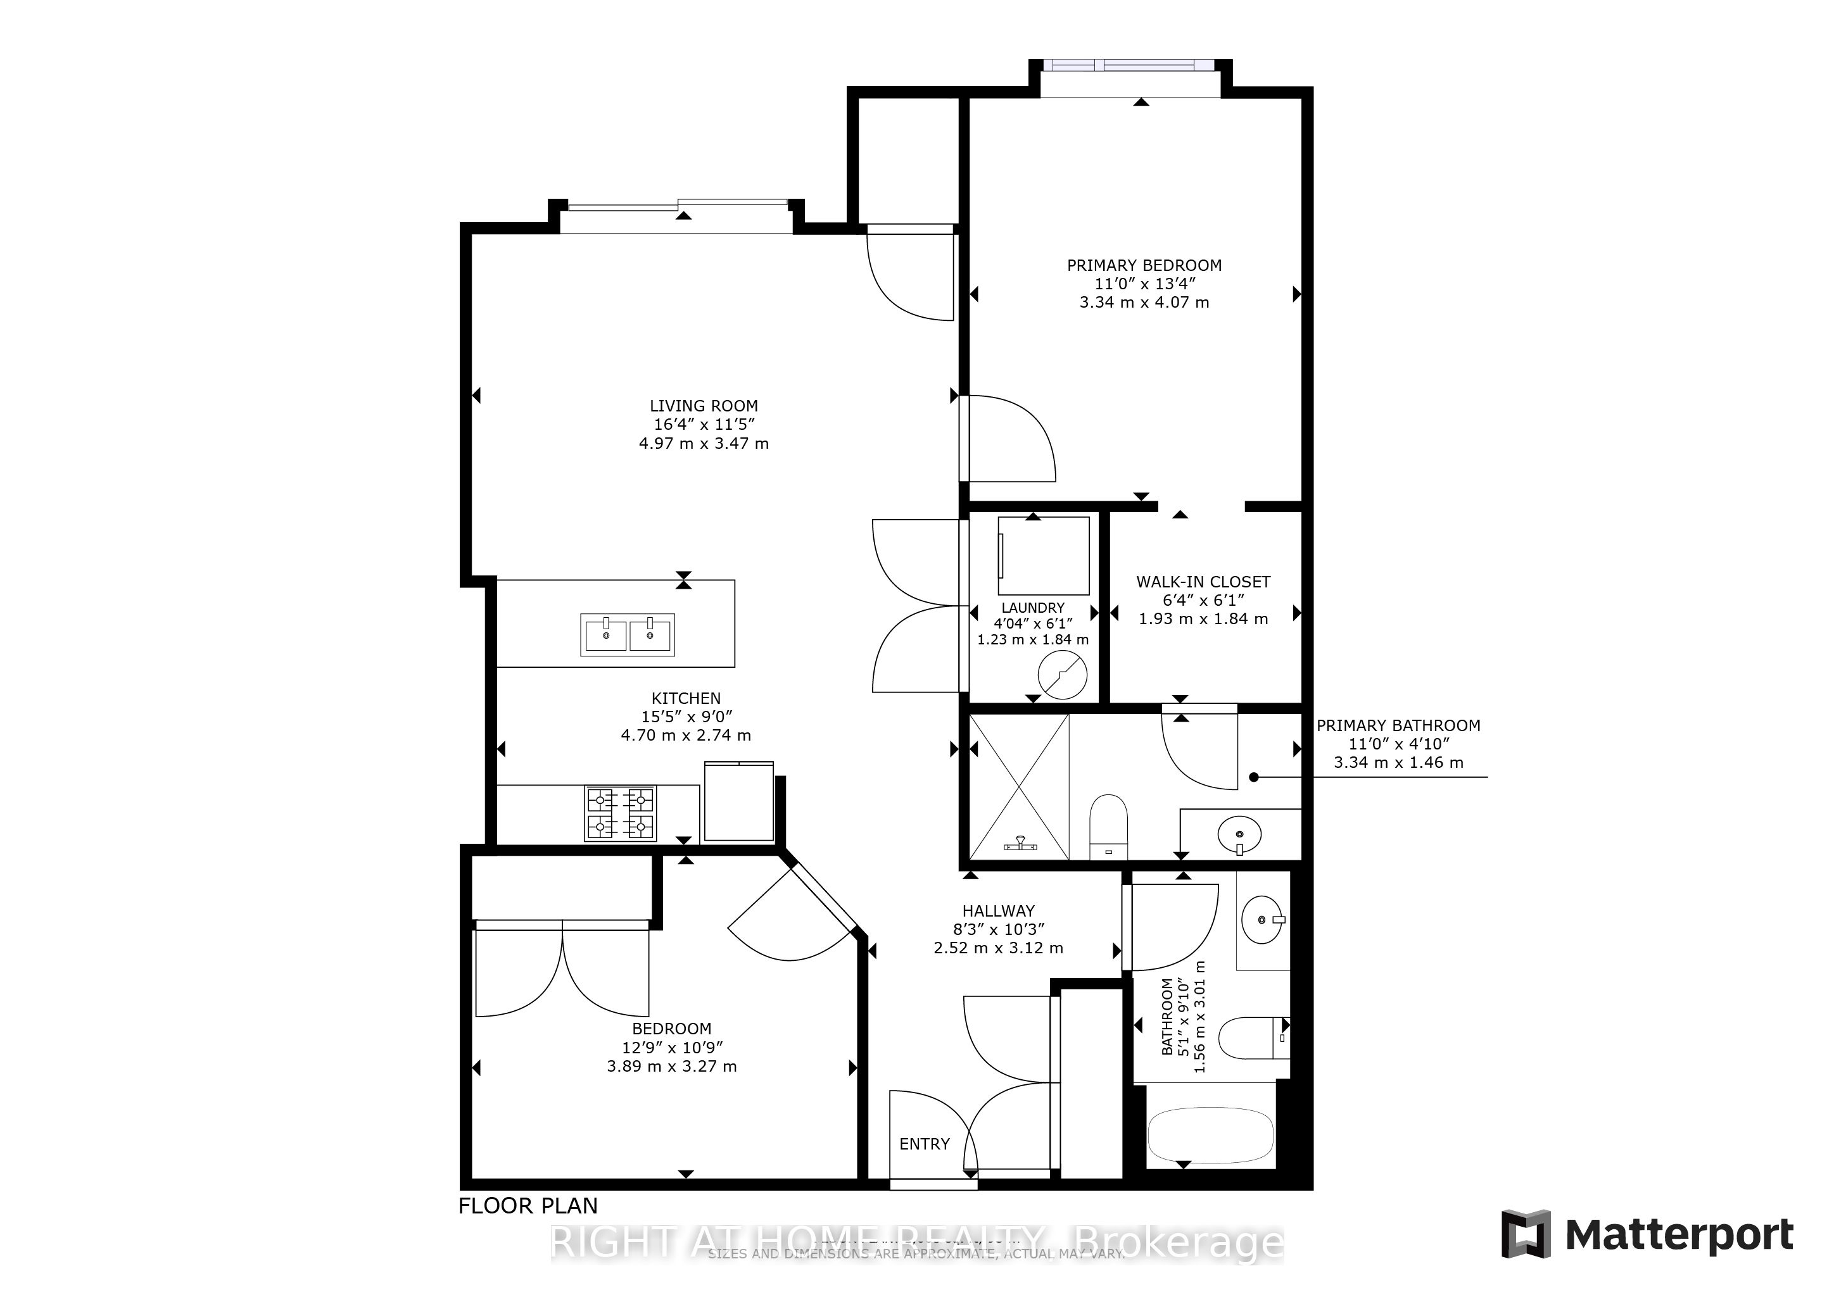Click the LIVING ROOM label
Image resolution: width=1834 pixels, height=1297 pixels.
click(704, 406)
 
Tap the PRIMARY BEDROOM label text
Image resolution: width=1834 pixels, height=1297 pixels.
click(1144, 265)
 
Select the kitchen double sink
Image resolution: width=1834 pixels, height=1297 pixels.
click(628, 634)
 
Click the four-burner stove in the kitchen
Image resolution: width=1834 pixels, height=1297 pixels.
click(621, 813)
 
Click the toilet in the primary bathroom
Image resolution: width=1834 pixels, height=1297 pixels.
click(1108, 825)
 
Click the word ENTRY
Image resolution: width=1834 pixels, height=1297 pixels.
click(924, 1144)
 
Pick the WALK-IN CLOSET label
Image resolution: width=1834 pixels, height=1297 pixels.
click(1203, 582)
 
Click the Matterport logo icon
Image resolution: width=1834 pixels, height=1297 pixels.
click(1526, 1234)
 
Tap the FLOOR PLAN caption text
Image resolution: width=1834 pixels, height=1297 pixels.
click(528, 1205)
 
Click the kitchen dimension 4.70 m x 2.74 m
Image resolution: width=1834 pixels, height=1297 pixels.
click(685, 735)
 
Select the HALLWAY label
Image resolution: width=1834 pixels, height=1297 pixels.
click(997, 910)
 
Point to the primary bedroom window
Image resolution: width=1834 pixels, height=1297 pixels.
click(1130, 66)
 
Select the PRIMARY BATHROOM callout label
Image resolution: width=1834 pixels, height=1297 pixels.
click(1398, 725)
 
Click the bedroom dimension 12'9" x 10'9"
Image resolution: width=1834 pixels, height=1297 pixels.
click(672, 1047)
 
